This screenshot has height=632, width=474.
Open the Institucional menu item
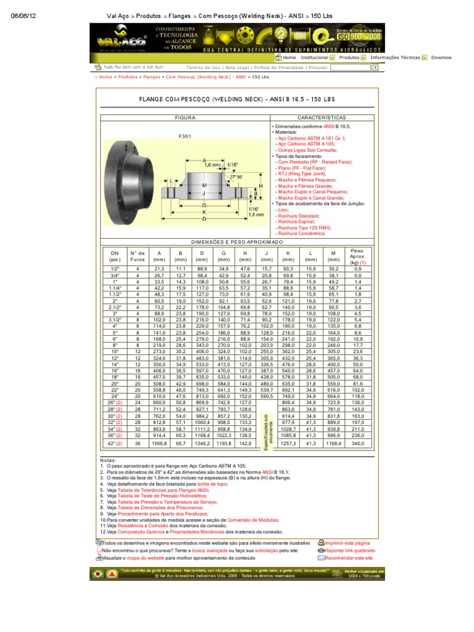[x=314, y=57]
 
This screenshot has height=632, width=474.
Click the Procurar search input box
[x=351, y=68]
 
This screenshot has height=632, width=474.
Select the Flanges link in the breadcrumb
[x=151, y=77]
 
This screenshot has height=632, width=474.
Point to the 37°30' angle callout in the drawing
[x=237, y=177]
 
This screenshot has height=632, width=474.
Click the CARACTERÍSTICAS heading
[x=322, y=117]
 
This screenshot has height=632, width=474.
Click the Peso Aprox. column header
[x=357, y=257]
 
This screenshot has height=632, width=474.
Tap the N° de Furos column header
[x=137, y=257]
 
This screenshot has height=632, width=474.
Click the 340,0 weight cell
[x=357, y=443]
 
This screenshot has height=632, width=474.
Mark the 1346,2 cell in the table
[x=201, y=443]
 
